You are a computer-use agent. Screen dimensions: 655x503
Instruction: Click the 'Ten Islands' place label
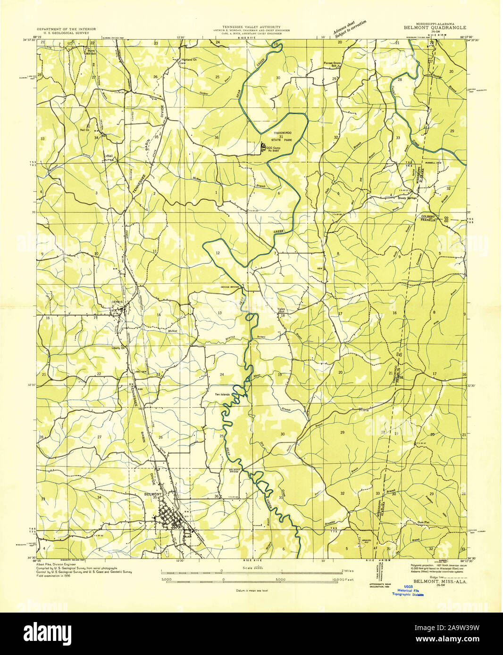pos(222,394)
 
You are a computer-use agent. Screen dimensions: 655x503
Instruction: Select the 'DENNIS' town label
pos(117,302)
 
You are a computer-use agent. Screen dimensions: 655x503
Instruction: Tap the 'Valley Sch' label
pos(282,311)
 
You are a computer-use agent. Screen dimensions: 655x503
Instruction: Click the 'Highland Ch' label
pos(189,60)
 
